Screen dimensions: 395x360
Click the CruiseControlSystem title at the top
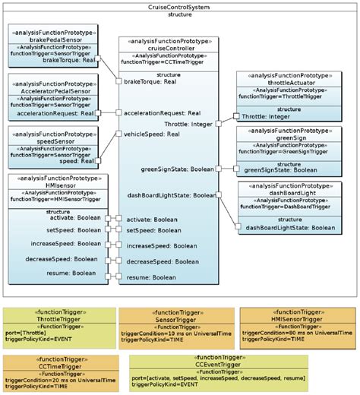[180, 6]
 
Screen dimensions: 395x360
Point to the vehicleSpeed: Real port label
[151, 134]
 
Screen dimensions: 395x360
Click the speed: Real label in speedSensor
[76, 161]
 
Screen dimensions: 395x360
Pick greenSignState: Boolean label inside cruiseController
[177, 170]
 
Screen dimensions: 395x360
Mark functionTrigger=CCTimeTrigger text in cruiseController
[168, 63]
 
